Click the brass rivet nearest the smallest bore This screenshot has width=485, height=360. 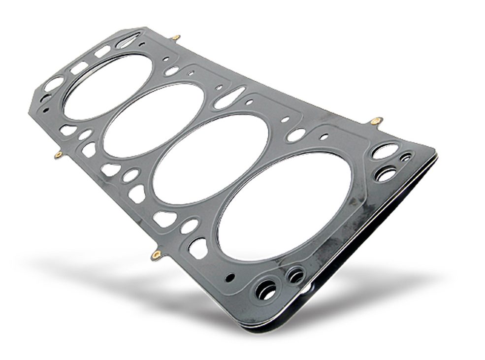176,37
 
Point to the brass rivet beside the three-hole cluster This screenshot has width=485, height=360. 376,120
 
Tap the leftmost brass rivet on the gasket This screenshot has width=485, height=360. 58,156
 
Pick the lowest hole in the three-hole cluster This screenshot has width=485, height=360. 387,174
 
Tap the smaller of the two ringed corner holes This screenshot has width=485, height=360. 296,275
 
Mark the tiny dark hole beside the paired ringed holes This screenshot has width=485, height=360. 230,279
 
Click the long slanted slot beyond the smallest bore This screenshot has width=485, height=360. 128,40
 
